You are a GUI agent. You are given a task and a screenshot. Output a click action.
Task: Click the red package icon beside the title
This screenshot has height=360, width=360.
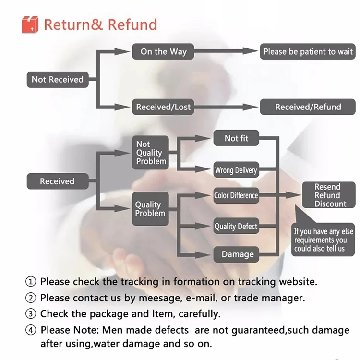[x=30, y=24]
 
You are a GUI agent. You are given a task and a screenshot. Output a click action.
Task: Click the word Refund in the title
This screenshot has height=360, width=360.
[x=132, y=24]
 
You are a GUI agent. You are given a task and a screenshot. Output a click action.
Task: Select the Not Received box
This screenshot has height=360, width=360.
[x=58, y=80]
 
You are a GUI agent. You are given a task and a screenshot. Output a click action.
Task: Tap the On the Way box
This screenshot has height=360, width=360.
[x=163, y=52]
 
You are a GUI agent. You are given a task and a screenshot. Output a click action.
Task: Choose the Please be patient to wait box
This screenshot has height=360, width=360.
[x=308, y=52]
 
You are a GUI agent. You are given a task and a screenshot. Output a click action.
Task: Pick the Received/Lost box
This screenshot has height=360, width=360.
[x=163, y=107]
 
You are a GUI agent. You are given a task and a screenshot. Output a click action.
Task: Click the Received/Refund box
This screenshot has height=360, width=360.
[x=308, y=107]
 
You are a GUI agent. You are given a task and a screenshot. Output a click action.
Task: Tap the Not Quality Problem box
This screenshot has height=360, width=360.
[x=150, y=153]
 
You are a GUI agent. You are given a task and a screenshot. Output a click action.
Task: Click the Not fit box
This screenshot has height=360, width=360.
[x=237, y=138]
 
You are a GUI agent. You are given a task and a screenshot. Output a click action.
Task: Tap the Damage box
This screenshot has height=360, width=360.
[x=237, y=254]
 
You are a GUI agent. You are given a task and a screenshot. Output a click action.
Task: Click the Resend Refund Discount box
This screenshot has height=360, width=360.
[x=328, y=195]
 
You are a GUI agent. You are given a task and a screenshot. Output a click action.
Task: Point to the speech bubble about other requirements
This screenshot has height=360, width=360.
[x=323, y=240]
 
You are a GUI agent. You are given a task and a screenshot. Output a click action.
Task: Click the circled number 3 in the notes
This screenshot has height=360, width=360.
[x=30, y=314]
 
